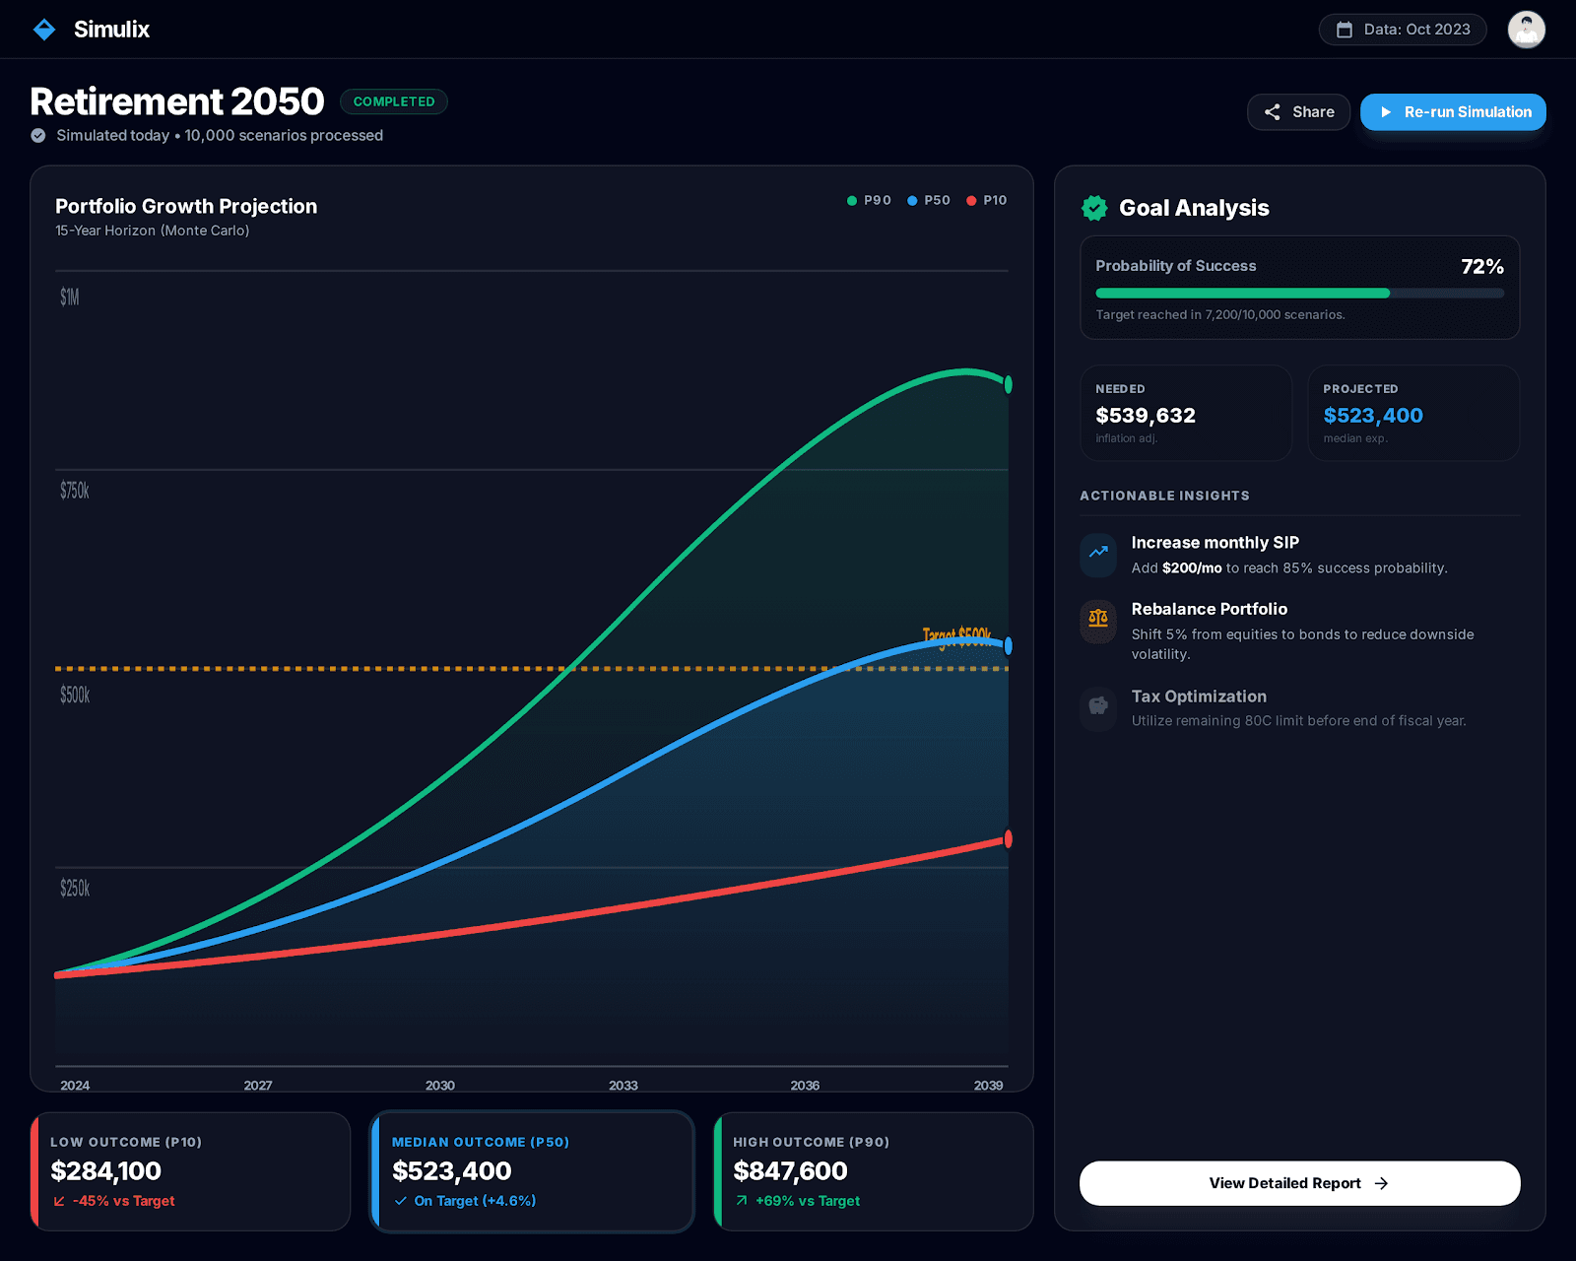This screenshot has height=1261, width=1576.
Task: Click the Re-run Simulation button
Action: pos(1453,112)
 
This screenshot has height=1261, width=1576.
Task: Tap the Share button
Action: pos(1298,112)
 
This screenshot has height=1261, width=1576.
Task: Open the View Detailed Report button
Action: pos(1299,1183)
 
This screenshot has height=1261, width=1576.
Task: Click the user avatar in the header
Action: pos(1526,30)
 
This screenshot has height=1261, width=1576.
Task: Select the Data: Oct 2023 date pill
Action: pos(1403,30)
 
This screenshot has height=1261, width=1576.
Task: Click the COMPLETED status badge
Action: pos(393,101)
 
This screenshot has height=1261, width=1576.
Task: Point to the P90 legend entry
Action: pos(869,200)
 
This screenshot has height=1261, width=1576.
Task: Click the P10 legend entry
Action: pos(987,200)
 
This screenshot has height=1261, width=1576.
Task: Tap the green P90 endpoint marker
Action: pos(1008,384)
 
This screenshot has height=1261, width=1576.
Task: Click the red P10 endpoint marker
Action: pos(1008,839)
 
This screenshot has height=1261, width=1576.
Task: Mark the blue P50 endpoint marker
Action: pos(1008,646)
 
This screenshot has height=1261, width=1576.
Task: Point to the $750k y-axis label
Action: pos(75,491)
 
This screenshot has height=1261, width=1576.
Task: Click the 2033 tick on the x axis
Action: pos(623,1085)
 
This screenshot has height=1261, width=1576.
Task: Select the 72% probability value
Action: pos(1481,267)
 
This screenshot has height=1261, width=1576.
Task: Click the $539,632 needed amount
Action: pos(1145,416)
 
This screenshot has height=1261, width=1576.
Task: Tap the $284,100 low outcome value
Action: pos(106,1171)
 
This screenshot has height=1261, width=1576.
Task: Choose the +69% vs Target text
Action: pos(807,1201)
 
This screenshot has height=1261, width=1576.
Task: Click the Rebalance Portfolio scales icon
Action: pos(1098,620)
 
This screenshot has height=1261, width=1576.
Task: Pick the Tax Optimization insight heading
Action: pos(1199,697)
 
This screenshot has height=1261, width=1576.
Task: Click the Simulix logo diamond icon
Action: pos(44,30)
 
